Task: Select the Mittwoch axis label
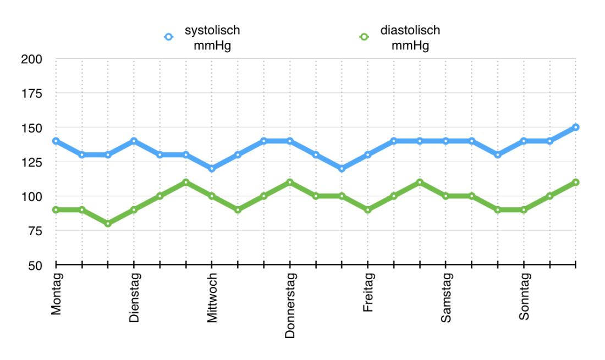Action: pyautogui.click(x=212, y=297)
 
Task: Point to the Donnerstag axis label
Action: pyautogui.click(x=290, y=304)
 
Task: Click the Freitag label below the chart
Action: pyautogui.click(x=368, y=293)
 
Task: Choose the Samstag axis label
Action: pyautogui.click(x=446, y=297)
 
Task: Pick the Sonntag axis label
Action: pyautogui.click(x=524, y=296)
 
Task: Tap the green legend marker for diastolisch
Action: pyautogui.click(x=363, y=37)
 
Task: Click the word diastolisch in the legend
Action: pyautogui.click(x=410, y=31)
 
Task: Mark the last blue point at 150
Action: pyautogui.click(x=576, y=127)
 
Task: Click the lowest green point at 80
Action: pyautogui.click(x=108, y=223)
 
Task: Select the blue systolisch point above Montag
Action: pyautogui.click(x=56, y=141)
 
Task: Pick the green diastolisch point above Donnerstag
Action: pyautogui.click(x=290, y=182)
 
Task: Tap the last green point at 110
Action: pyautogui.click(x=576, y=182)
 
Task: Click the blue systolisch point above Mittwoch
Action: pyautogui.click(x=212, y=168)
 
